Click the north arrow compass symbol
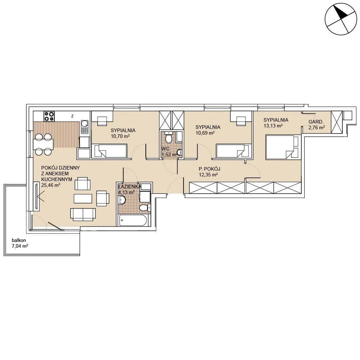[x=341, y=19]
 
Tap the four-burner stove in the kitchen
[x=49, y=116]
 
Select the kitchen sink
[x=85, y=127]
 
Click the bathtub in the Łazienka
[x=133, y=221]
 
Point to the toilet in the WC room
[x=169, y=137]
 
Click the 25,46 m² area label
[x=50, y=185]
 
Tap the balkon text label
[x=19, y=240]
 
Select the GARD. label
[x=316, y=122]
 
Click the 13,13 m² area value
[x=273, y=126]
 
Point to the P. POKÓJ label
[x=210, y=169]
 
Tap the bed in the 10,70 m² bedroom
[x=109, y=151]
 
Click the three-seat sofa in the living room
[x=83, y=215]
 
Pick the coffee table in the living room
[x=83, y=199]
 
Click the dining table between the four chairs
[x=43, y=144]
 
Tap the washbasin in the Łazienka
[x=122, y=200]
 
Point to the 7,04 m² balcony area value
[x=20, y=246]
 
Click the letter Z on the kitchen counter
[x=72, y=116]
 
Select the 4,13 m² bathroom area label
[x=126, y=192]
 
